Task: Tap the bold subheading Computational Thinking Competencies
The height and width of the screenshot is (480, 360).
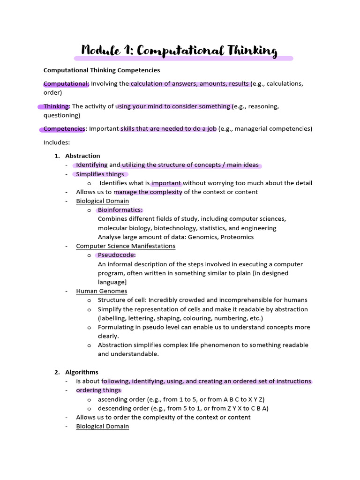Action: tap(102, 70)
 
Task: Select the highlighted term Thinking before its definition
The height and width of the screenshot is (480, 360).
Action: tap(56, 106)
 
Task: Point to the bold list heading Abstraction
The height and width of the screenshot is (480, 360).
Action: tap(82, 156)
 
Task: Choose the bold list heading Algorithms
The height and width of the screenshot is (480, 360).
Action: tap(82, 372)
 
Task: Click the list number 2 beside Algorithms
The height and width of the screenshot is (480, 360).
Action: tap(56, 372)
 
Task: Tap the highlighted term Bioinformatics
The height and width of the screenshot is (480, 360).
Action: tap(120, 210)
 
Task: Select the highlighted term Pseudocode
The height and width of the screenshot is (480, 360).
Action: tap(117, 255)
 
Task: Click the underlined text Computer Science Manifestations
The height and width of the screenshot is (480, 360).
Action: tap(126, 246)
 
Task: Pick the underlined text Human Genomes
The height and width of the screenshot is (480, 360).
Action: tap(102, 291)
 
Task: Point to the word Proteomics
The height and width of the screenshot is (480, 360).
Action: tap(237, 237)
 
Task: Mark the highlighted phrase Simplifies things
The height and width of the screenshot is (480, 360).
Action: tap(100, 174)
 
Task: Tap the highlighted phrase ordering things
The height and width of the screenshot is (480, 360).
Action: tap(98, 390)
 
